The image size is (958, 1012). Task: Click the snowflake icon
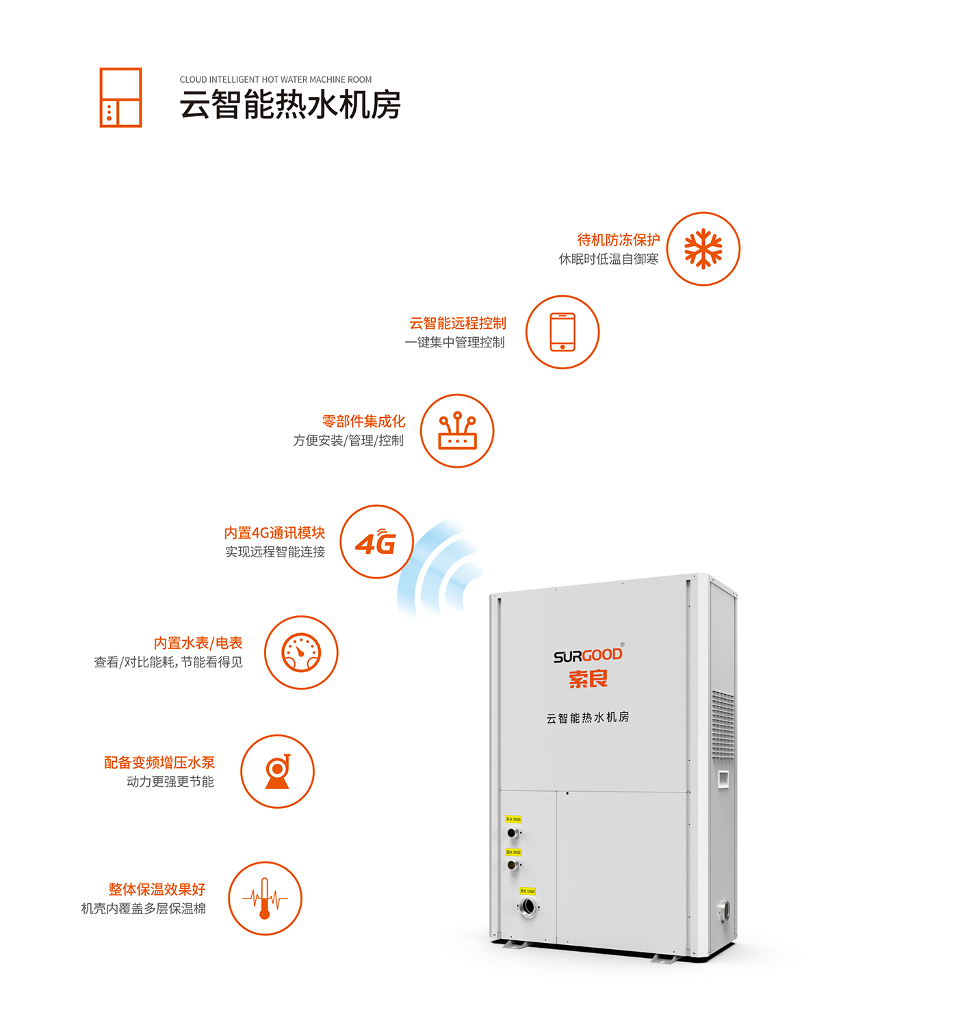point(703,249)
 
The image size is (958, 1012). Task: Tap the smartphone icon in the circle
point(562,332)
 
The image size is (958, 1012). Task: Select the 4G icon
point(376,542)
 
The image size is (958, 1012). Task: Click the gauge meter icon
point(301,652)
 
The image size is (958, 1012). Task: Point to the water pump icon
point(278,771)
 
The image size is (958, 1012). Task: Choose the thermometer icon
point(265,898)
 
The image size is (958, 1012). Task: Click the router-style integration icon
point(457,431)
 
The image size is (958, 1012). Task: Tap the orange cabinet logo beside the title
point(120,98)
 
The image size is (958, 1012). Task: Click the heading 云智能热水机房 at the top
point(290,105)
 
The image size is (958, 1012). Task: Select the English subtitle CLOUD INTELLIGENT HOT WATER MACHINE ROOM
point(276,80)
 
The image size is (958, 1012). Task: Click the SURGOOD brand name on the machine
point(588,656)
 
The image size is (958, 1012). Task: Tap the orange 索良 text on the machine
point(588,679)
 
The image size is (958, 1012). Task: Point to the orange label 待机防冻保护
point(619,240)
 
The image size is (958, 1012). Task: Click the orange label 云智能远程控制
point(458,323)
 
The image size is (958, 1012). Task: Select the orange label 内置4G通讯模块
point(274,533)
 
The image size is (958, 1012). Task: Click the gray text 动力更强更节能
point(170,782)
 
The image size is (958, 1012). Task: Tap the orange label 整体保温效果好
point(157,890)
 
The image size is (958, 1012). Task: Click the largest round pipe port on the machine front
point(528,907)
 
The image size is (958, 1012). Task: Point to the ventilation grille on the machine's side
point(723,725)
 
